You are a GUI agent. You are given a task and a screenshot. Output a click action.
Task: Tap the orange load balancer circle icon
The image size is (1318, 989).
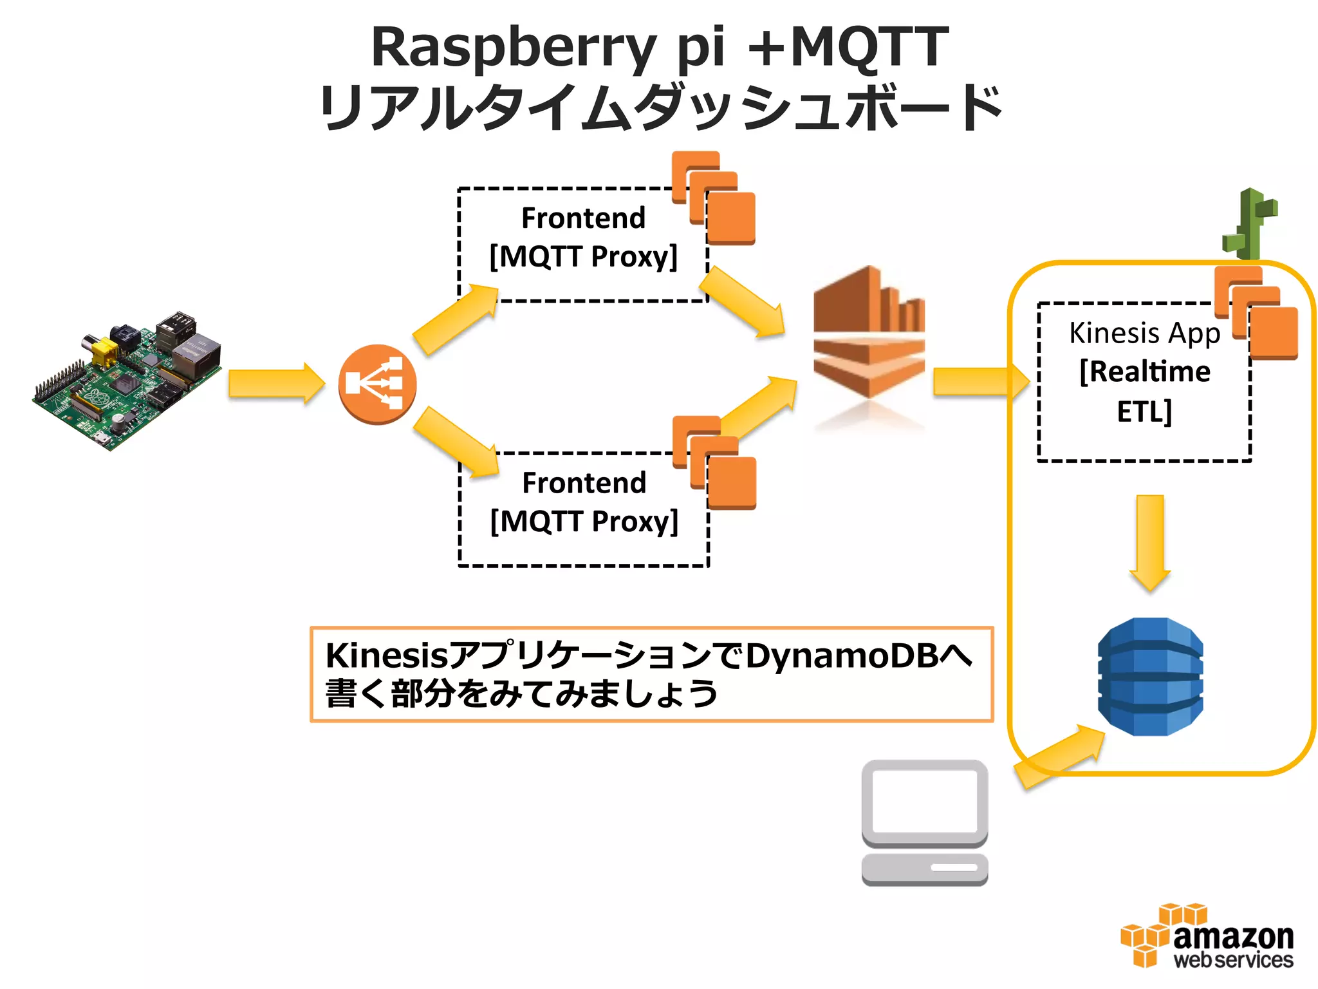coord(378,384)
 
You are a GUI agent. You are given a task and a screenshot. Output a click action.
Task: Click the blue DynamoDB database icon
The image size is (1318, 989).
coord(1150,676)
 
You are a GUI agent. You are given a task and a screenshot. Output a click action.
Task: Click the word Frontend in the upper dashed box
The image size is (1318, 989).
coord(583,218)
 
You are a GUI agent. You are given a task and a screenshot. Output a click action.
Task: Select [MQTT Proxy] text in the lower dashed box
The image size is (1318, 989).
coord(584,522)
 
